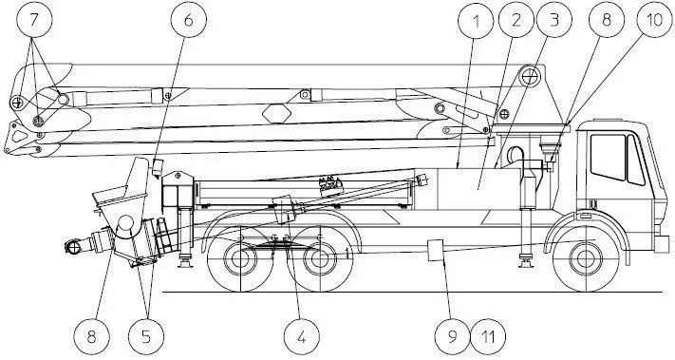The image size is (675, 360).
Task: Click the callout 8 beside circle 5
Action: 92,334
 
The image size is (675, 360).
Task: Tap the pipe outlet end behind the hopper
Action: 72,248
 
